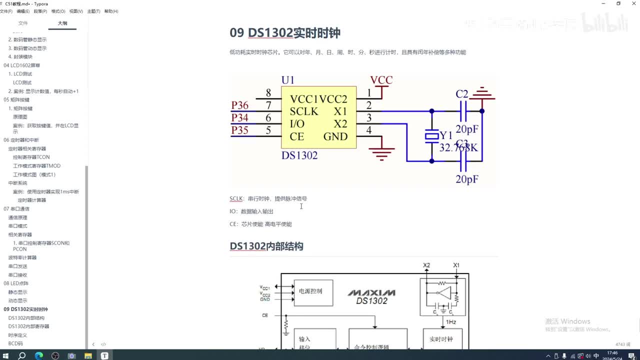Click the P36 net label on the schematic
(239, 105)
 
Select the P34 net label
(239, 117)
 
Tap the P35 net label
(239, 130)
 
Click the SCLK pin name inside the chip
(303, 111)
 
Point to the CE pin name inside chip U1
(296, 136)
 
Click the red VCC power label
(381, 80)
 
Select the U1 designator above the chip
(287, 80)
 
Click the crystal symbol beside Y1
(431, 136)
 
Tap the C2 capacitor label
(462, 94)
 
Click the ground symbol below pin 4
(382, 152)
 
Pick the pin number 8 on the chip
(268, 93)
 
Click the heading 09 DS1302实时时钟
(285, 33)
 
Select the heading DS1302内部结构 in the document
(266, 246)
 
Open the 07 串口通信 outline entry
(16, 208)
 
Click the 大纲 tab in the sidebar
(62, 23)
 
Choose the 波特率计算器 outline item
(22, 257)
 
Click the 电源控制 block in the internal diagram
(313, 291)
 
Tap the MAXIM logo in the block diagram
(371, 292)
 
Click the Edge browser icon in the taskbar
(39, 355)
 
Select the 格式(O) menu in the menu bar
(58, 11)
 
